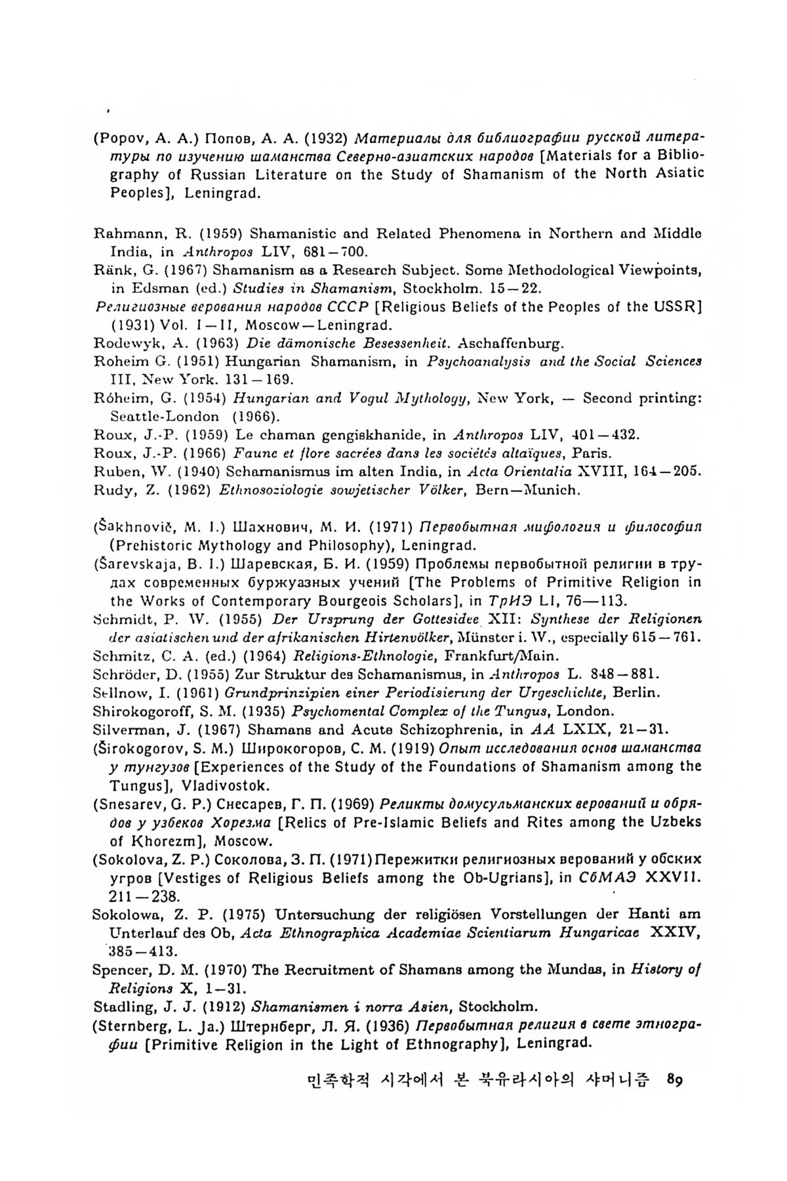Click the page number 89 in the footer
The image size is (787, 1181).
coord(674,1079)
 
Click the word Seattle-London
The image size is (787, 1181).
coord(165,416)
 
